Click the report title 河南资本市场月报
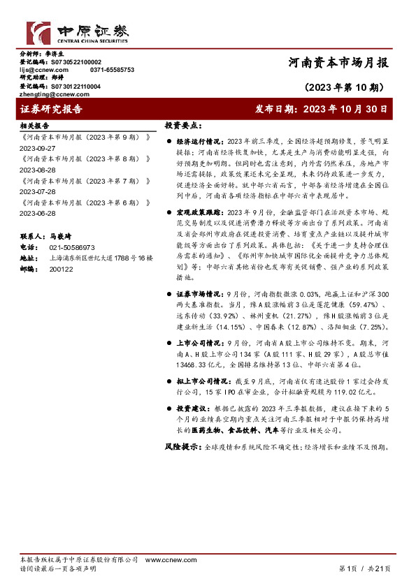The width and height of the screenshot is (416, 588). pyautogui.click(x=338, y=62)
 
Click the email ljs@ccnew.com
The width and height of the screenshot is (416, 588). pyautogui.click(x=43, y=70)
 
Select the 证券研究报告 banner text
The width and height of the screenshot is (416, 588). pyautogui.click(x=52, y=110)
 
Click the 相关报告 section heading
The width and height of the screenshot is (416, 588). pyautogui.click(x=35, y=126)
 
